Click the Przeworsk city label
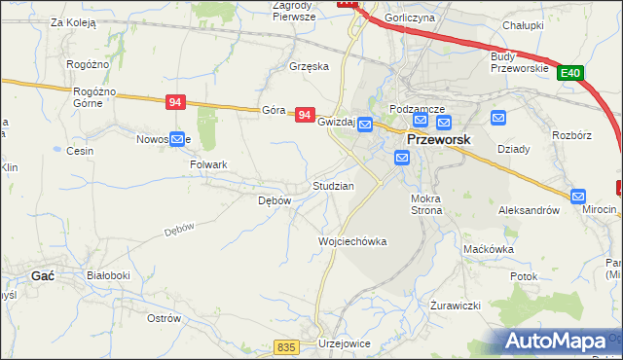(x=438, y=139)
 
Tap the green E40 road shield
(x=571, y=72)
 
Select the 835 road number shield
(x=285, y=347)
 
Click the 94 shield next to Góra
(x=306, y=115)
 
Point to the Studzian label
(x=332, y=185)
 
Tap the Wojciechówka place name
(x=352, y=241)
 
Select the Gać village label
(x=43, y=276)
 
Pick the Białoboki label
(x=108, y=275)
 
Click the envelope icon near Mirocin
(x=578, y=196)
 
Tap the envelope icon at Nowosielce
(x=177, y=139)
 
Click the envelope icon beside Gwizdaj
(x=364, y=124)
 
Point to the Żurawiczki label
(x=456, y=306)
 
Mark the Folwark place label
(x=208, y=164)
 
